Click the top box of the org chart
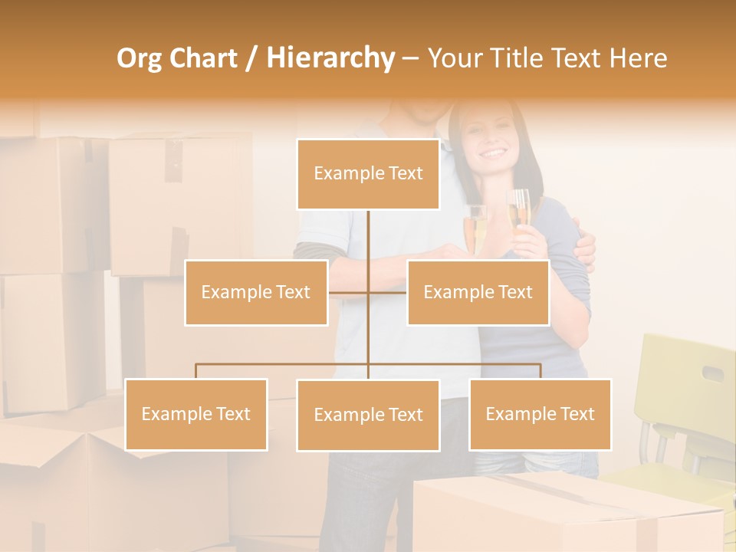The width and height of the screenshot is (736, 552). pyautogui.click(x=368, y=174)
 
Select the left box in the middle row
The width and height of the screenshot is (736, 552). pyautogui.click(x=256, y=292)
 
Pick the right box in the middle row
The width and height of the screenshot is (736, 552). pyautogui.click(x=478, y=292)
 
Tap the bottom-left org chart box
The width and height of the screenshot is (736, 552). pyautogui.click(x=196, y=414)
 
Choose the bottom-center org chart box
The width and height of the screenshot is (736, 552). pyautogui.click(x=368, y=415)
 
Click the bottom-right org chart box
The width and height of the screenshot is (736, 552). pyautogui.click(x=540, y=414)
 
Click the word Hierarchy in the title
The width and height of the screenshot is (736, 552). pyautogui.click(x=330, y=58)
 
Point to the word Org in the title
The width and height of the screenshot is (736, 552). pyautogui.click(x=140, y=58)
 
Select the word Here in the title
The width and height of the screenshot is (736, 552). pyautogui.click(x=638, y=58)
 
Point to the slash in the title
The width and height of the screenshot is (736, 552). pyautogui.click(x=251, y=59)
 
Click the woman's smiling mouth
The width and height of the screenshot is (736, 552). pyautogui.click(x=493, y=153)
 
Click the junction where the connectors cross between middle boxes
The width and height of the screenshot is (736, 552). pyautogui.click(x=369, y=292)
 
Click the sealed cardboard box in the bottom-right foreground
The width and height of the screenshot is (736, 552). pyautogui.click(x=567, y=514)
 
